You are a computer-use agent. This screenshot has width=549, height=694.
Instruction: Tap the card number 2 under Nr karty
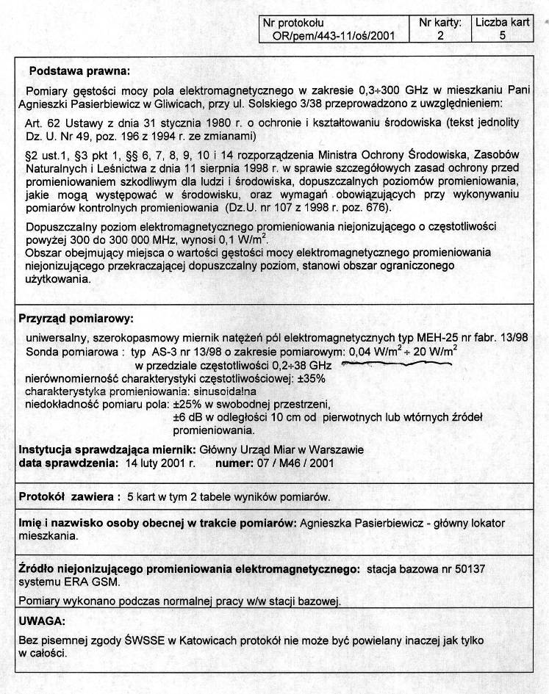click(x=440, y=35)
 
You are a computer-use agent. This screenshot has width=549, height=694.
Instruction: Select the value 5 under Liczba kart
click(x=502, y=35)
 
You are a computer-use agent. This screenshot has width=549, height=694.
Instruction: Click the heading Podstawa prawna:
click(x=79, y=71)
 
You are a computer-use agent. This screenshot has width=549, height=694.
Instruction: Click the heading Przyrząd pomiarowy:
click(x=75, y=319)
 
